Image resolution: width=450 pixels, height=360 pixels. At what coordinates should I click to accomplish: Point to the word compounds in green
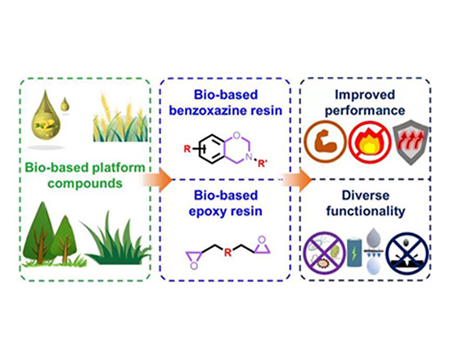[x=85, y=183]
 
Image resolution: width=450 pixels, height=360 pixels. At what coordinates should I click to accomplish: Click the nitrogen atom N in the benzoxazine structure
[x=250, y=157]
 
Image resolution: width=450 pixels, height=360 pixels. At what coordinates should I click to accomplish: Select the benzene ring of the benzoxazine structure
[x=212, y=149]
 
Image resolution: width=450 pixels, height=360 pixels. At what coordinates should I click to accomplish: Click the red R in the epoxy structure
[x=228, y=253]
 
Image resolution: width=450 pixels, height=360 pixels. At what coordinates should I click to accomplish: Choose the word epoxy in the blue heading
[x=205, y=212]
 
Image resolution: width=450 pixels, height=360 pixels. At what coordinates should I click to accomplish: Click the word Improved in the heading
[x=365, y=95]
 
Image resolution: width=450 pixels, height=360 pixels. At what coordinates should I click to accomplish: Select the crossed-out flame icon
[x=370, y=142]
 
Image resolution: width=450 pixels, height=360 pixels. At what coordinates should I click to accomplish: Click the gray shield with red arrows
[x=412, y=143]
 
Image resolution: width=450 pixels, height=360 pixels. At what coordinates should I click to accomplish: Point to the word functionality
[x=366, y=211]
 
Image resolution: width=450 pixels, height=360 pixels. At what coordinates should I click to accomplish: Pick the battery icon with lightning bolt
[x=354, y=253]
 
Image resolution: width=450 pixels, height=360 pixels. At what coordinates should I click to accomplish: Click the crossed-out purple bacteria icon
[x=324, y=253]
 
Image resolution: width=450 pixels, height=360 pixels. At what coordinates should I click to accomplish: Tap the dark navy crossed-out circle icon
[x=407, y=253]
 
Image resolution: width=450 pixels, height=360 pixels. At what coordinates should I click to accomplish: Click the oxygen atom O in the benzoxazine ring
[x=236, y=135]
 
